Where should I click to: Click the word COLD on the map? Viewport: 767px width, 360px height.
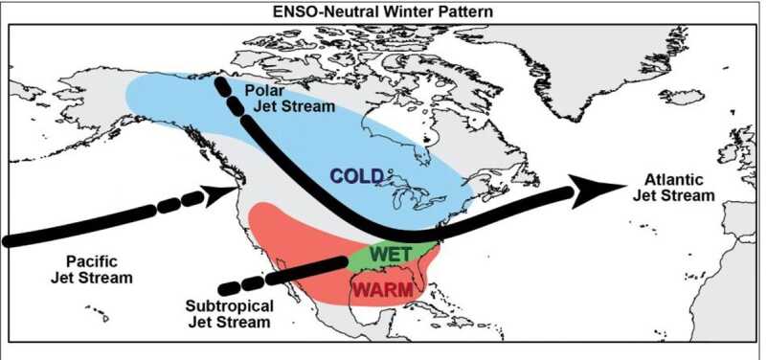click(356, 176)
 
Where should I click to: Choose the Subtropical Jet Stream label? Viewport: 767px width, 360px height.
click(228, 314)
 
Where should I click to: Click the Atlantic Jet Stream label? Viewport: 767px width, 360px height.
click(674, 187)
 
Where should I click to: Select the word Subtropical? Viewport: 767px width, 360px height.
click(228, 306)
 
